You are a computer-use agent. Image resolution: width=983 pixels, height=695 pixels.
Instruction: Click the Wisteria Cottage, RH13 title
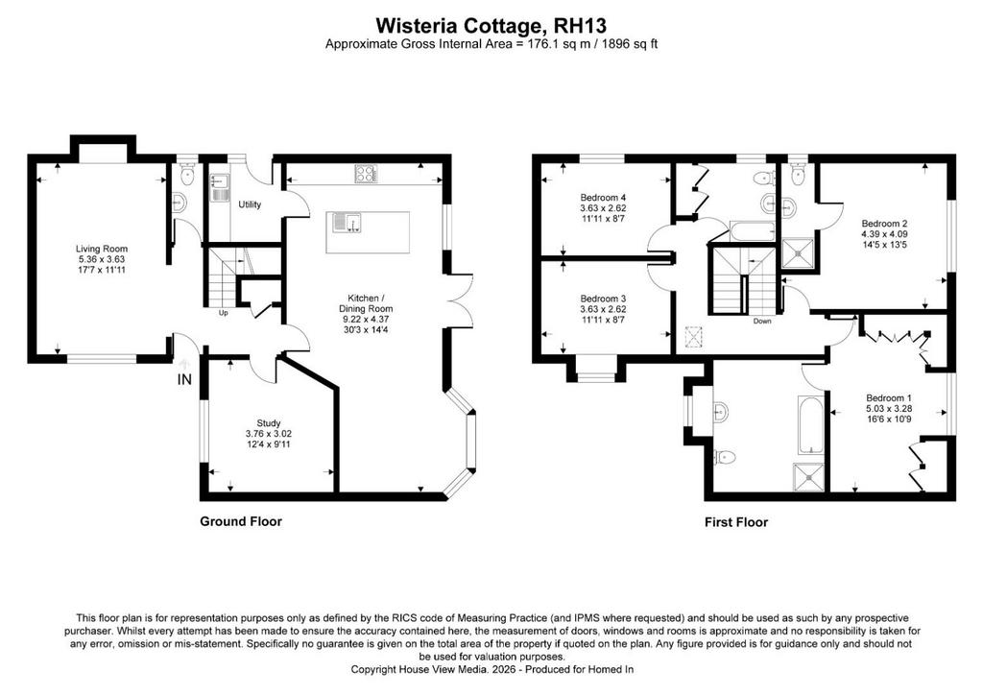click(491, 26)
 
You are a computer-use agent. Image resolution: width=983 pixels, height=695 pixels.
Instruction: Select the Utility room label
click(250, 204)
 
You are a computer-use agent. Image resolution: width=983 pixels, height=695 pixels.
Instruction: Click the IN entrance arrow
click(184, 365)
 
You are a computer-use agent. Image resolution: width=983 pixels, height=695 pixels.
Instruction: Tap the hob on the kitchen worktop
click(366, 174)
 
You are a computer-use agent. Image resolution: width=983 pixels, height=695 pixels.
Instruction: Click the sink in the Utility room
click(220, 187)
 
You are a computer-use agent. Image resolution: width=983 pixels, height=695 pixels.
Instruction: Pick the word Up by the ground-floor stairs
click(223, 313)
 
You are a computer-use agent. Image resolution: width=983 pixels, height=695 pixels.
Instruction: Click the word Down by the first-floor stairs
click(762, 321)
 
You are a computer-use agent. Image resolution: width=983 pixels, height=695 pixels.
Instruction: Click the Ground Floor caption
click(241, 521)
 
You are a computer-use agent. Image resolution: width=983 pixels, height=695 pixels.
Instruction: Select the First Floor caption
click(736, 522)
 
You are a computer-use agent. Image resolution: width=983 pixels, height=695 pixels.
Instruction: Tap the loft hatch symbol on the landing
click(694, 336)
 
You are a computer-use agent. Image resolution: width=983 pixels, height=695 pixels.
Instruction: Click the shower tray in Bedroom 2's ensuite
click(799, 253)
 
